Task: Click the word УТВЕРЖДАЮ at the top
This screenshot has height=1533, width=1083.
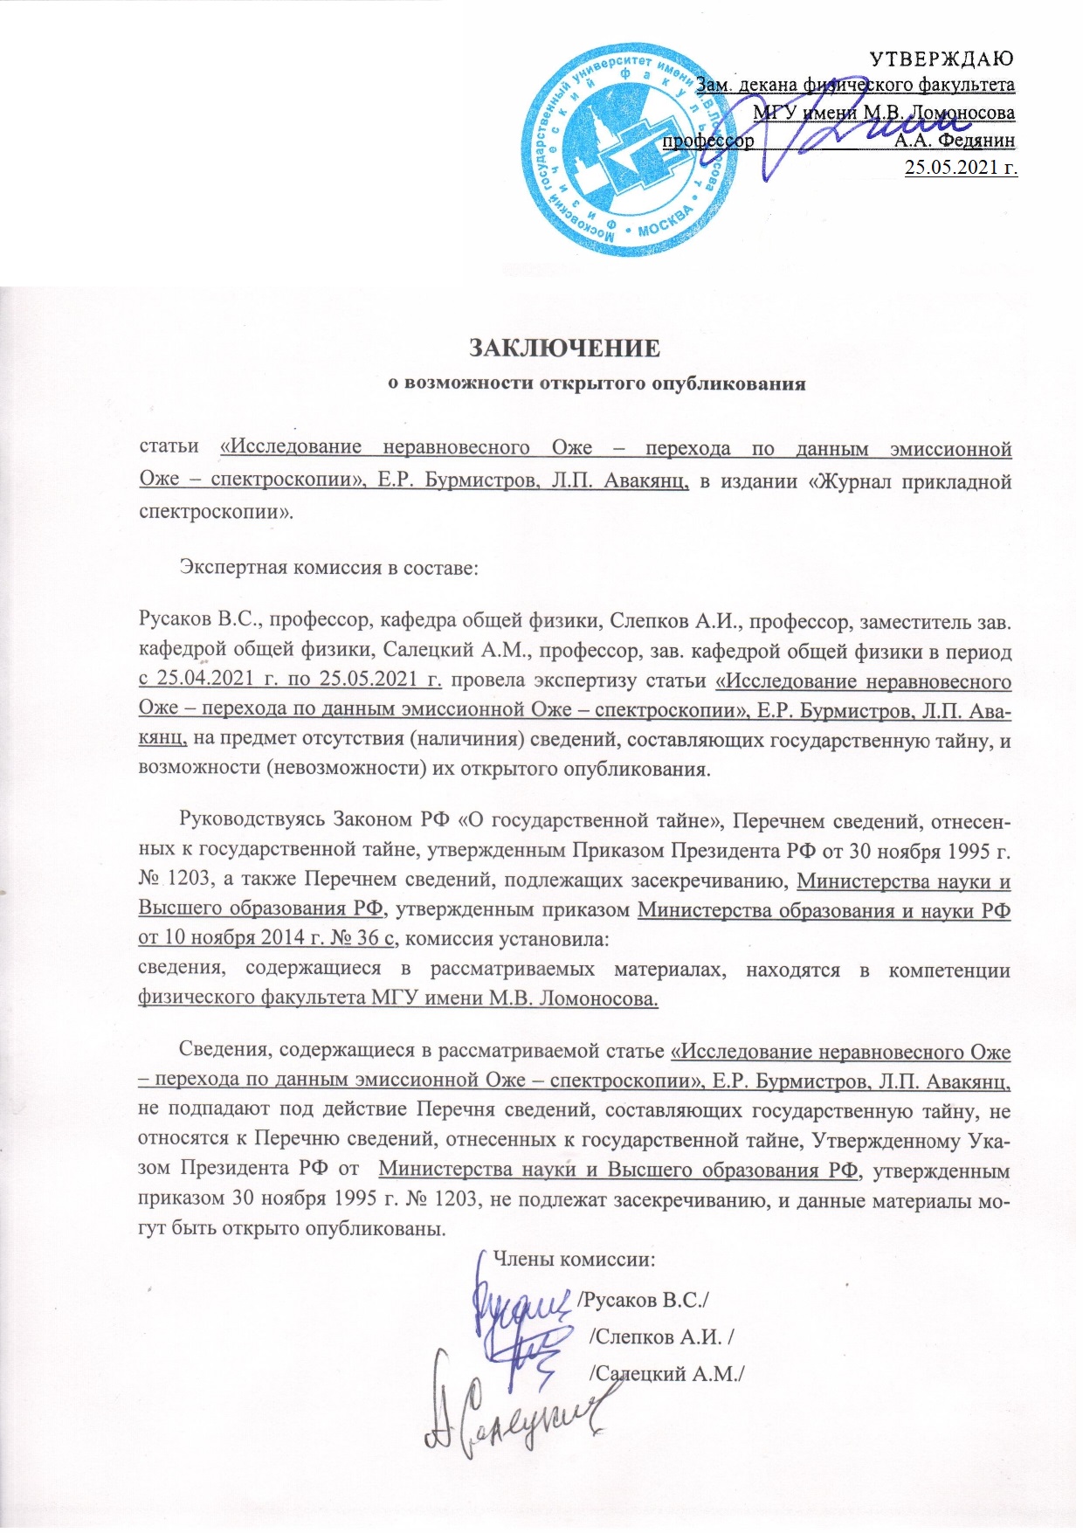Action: [943, 59]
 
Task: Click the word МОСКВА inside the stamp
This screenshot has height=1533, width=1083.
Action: [665, 225]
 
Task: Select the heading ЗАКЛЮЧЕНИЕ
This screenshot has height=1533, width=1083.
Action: [565, 348]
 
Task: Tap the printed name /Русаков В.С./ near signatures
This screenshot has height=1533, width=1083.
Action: [643, 1300]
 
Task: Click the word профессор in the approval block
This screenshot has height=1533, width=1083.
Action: [708, 139]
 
